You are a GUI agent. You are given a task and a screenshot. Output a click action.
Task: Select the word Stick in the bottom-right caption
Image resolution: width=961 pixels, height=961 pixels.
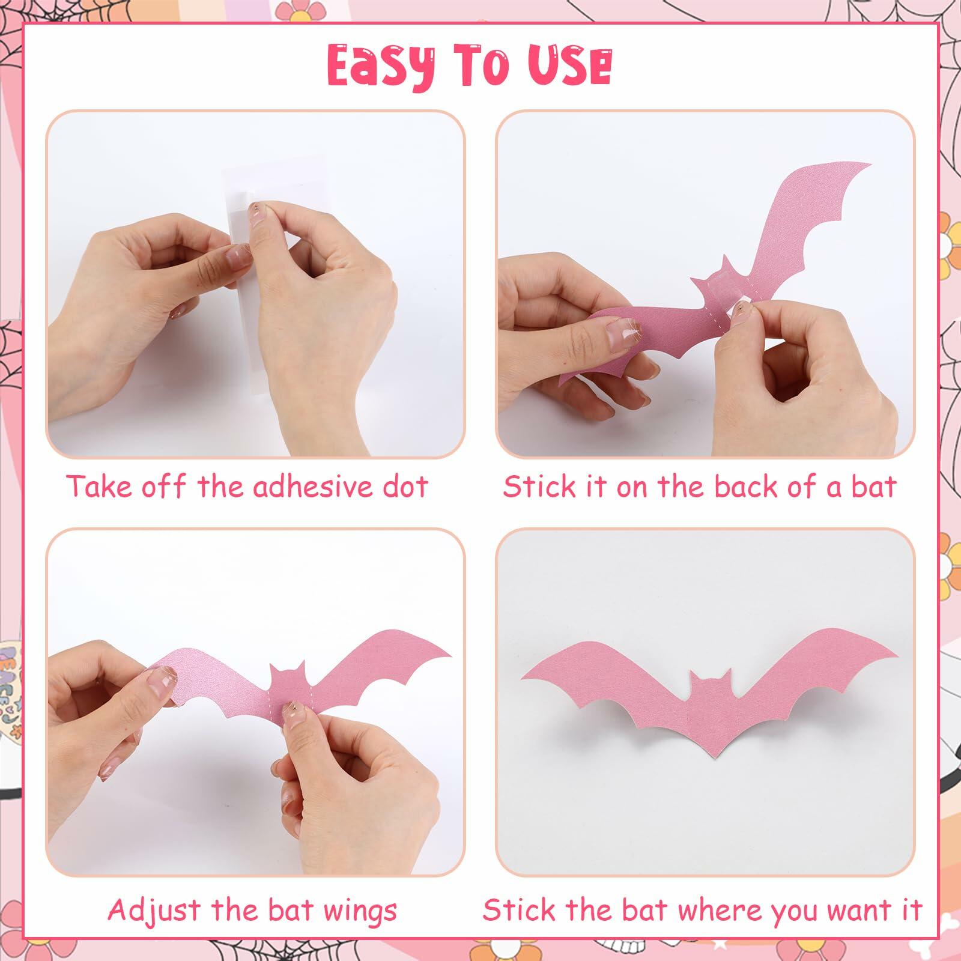(x=515, y=910)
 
